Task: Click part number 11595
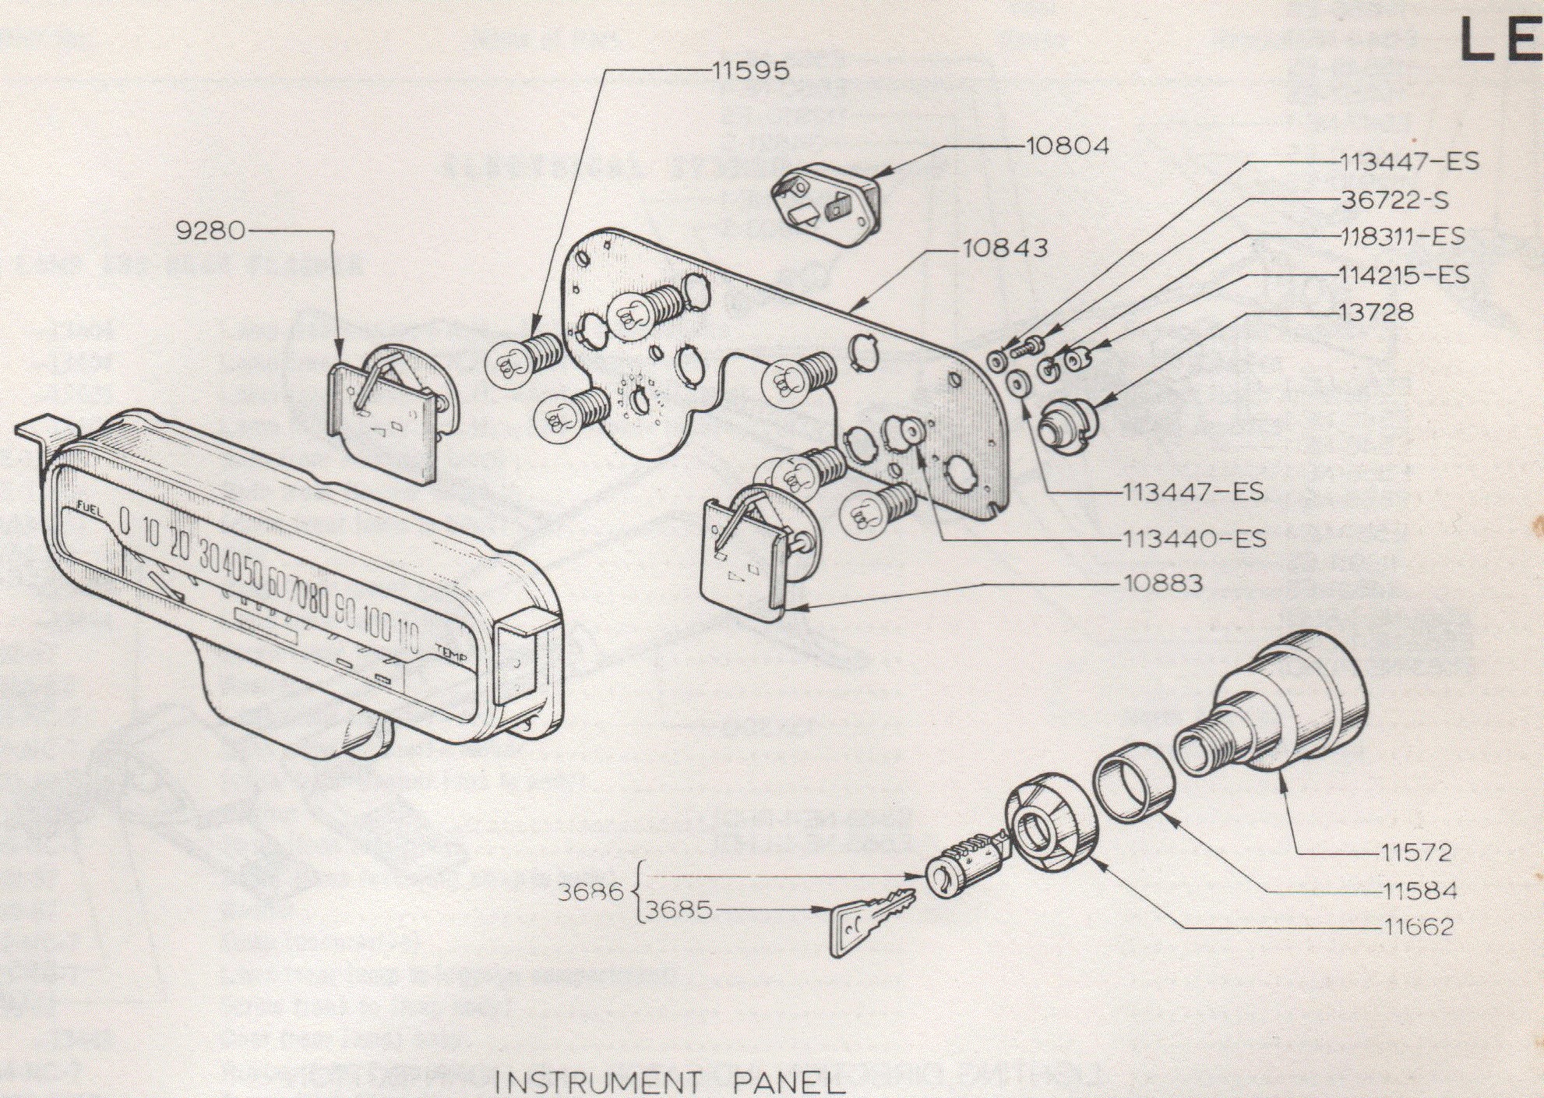pyautogui.click(x=749, y=71)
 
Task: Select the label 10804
pyautogui.click(x=1067, y=147)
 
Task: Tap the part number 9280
pyautogui.click(x=210, y=231)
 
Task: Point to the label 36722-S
pyautogui.click(x=1394, y=200)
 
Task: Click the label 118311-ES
pyautogui.click(x=1402, y=237)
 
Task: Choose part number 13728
pyautogui.click(x=1376, y=312)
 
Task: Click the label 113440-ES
pyautogui.click(x=1194, y=538)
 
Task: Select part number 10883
pyautogui.click(x=1163, y=583)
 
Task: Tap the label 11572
pyautogui.click(x=1417, y=853)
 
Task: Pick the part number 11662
pyautogui.click(x=1419, y=927)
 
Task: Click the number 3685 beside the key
pyautogui.click(x=679, y=910)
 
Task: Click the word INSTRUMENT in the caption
pyautogui.click(x=598, y=1082)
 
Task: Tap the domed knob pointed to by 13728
pyautogui.click(x=1068, y=421)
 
